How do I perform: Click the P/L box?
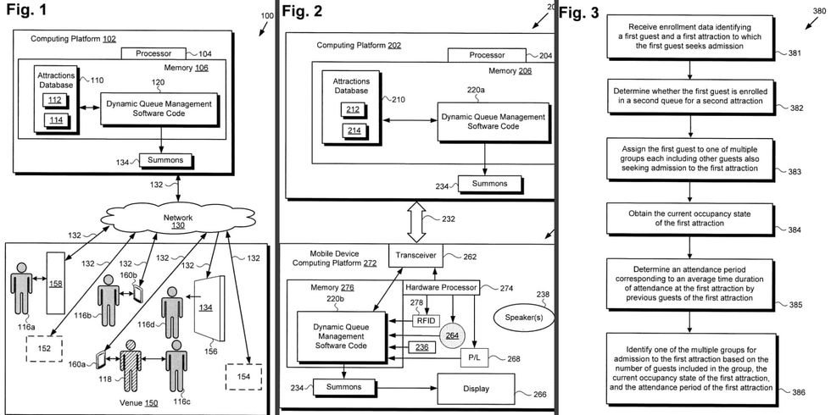pos(473,359)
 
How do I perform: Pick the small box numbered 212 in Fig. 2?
pos(352,109)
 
